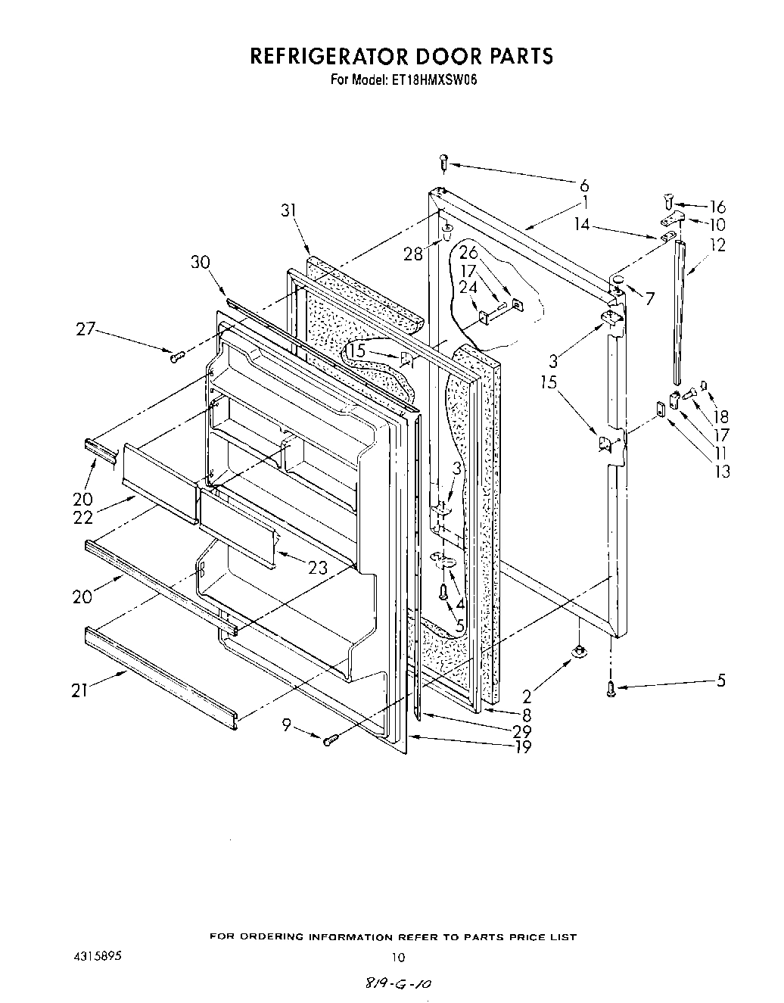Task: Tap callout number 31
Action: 288,211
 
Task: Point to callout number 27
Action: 86,329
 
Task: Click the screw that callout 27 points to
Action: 178,357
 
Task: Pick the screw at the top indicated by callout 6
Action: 444,162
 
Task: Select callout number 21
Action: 80,690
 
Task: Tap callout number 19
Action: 522,747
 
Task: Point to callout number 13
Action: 723,471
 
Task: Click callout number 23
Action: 319,566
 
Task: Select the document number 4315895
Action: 95,957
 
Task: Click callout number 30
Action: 200,262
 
